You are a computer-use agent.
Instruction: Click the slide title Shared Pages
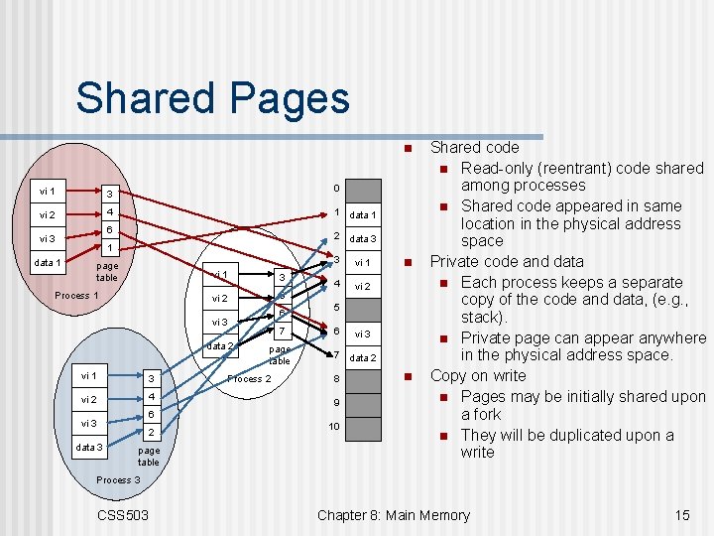point(212,98)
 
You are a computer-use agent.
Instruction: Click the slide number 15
point(681,514)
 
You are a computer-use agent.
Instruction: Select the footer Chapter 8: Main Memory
point(393,514)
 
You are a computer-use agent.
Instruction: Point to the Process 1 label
point(76,296)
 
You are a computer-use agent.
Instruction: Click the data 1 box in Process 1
point(46,262)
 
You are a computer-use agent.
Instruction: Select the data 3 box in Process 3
point(89,447)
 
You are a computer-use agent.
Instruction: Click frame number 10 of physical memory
point(336,426)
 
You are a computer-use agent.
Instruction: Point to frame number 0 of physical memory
point(336,189)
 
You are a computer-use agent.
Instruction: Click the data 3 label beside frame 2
point(364,238)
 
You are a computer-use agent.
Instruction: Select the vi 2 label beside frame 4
point(364,286)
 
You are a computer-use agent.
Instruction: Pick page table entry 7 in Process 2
point(283,331)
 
